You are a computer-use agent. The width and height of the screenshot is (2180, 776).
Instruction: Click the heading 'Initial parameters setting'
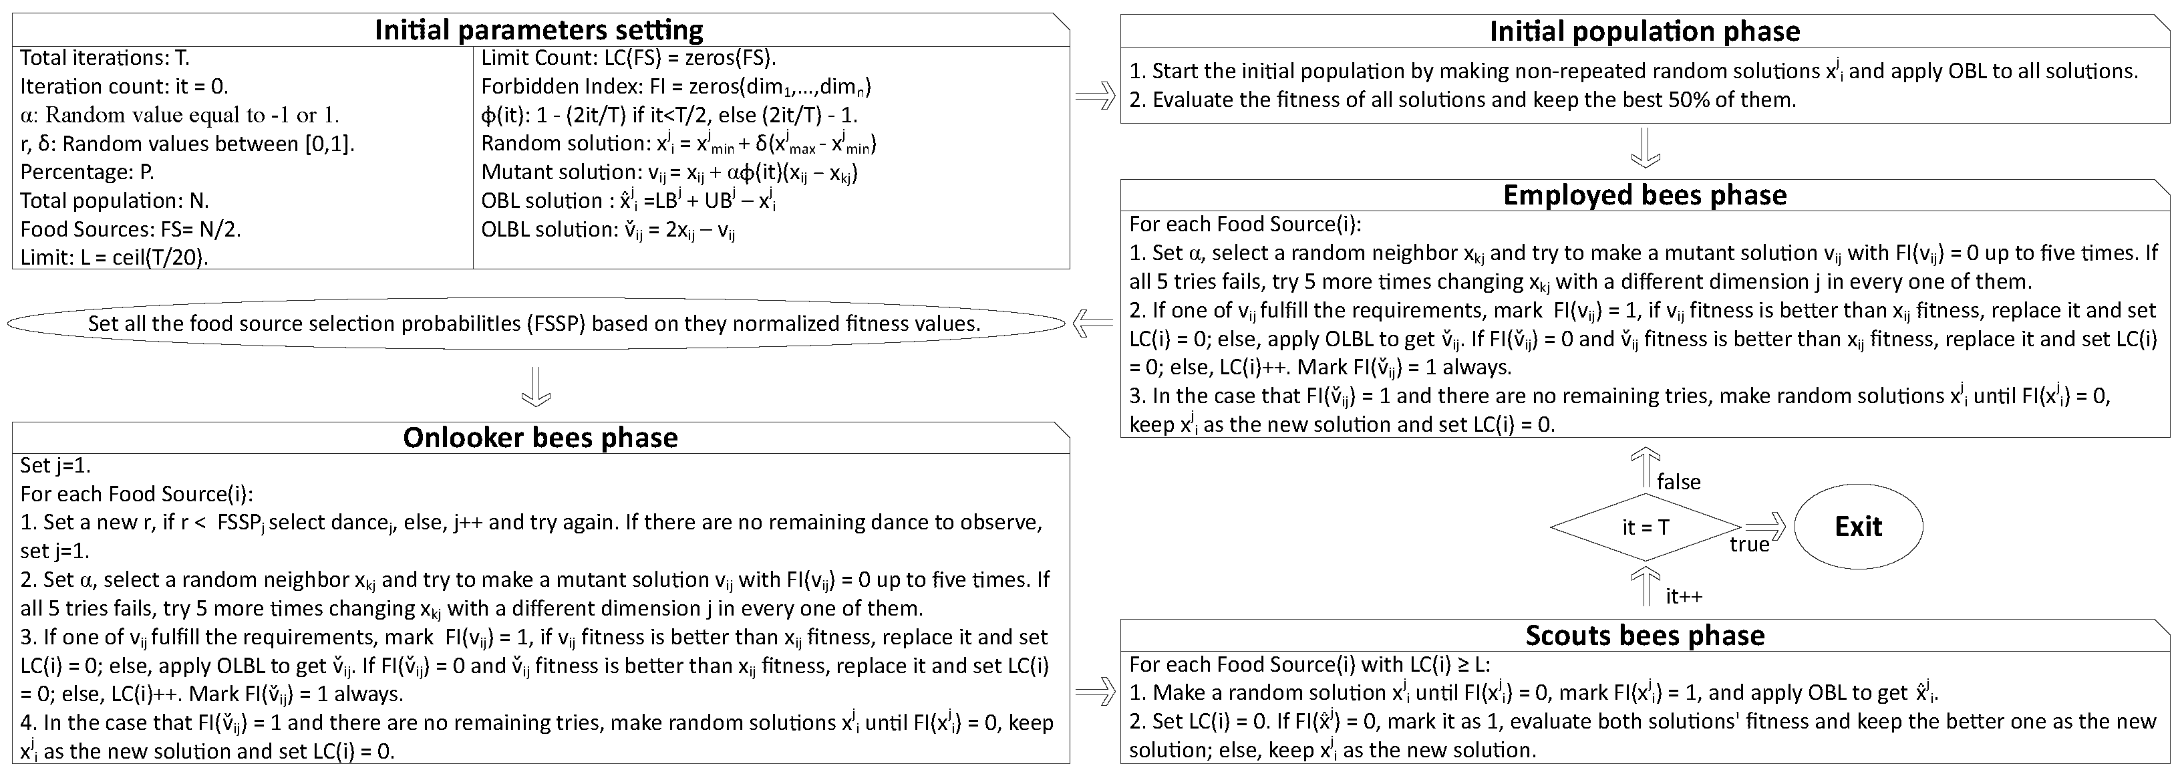[539, 31]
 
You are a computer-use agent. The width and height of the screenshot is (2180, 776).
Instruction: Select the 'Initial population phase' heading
[1644, 31]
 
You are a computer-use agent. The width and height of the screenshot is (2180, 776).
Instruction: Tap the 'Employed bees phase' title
[1644, 195]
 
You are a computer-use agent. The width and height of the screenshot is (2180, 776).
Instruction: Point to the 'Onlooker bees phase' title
[540, 438]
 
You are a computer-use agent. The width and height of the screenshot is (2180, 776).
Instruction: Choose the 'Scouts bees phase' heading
[1644, 636]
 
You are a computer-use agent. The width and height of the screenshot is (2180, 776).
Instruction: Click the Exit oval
[1859, 527]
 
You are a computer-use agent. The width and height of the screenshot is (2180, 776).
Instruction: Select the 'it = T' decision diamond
[1644, 527]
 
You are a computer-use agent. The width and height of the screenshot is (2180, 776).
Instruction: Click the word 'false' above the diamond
[1678, 481]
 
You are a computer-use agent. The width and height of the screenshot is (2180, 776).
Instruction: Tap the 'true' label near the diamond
[1749, 544]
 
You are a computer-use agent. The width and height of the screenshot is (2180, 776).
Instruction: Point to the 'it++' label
[1683, 596]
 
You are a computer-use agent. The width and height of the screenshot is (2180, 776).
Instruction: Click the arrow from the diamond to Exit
[1764, 527]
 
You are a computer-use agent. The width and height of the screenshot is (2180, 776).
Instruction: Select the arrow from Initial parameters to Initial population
[1095, 98]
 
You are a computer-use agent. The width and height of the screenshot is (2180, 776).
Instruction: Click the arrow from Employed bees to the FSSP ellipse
[1092, 324]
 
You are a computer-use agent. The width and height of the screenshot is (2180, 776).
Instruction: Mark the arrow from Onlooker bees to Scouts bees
[1095, 693]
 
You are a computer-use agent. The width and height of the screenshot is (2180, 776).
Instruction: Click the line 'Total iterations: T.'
[105, 57]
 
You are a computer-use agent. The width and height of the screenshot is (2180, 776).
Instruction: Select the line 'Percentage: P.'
[87, 172]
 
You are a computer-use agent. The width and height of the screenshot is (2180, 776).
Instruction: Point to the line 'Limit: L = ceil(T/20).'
[114, 257]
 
